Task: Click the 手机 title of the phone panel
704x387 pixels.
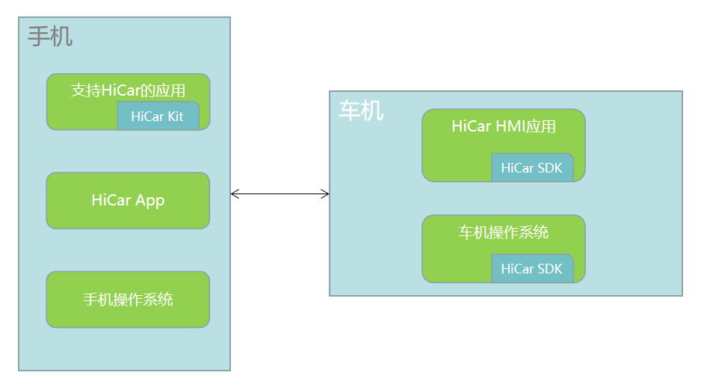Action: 50,37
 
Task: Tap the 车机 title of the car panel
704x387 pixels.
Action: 361,111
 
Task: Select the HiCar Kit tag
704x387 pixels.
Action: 158,116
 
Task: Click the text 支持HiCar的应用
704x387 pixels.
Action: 128,90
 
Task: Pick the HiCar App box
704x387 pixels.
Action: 128,201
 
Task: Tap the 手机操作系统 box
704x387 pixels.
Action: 128,300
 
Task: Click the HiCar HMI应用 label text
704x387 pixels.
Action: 503,126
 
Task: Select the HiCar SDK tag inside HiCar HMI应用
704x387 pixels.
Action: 533,167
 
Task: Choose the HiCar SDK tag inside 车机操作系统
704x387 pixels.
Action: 533,268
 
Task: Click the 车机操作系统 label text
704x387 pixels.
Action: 503,232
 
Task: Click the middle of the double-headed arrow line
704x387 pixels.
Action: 280,194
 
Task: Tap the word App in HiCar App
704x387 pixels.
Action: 150,201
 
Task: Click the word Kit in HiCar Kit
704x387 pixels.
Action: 175,117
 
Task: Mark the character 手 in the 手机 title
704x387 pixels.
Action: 39,37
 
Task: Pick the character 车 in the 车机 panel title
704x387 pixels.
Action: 350,111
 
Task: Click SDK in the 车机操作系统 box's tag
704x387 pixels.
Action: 549,268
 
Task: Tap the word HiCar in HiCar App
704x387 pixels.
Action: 111,199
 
